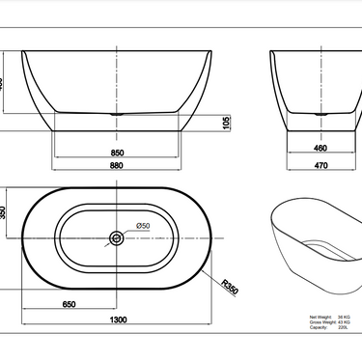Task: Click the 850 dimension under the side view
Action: pyautogui.click(x=116, y=152)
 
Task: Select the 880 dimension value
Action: pyautogui.click(x=116, y=165)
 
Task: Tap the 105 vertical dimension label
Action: pyautogui.click(x=225, y=123)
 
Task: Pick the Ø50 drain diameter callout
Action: pyautogui.click(x=143, y=227)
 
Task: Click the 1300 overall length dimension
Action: pyautogui.click(x=116, y=320)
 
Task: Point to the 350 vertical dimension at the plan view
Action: pyautogui.click(x=3, y=212)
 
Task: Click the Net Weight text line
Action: pyautogui.click(x=329, y=315)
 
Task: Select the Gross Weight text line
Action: pyautogui.click(x=329, y=320)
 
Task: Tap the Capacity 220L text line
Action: pyautogui.click(x=328, y=327)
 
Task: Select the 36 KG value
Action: pyautogui.click(x=344, y=315)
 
